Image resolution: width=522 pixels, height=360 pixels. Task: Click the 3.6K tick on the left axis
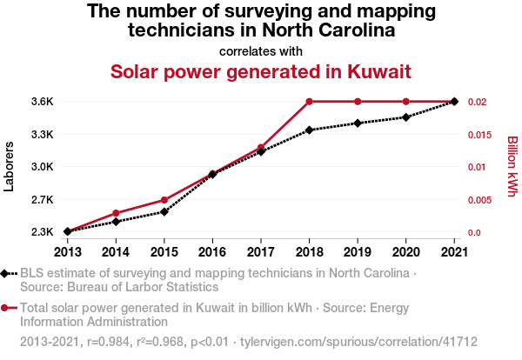pos(43,102)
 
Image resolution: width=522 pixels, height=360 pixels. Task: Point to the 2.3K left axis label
pos(43,232)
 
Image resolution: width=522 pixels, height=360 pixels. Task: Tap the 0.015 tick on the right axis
pos(478,134)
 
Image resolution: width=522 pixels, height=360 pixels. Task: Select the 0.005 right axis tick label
pos(478,200)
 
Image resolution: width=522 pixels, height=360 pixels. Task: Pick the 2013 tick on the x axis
pos(67,251)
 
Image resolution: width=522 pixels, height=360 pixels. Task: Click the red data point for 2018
pos(309,102)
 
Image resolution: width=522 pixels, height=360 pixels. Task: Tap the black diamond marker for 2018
pos(309,130)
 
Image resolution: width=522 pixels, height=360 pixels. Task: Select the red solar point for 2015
pos(164,200)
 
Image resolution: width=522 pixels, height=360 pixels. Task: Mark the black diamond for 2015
pos(164,211)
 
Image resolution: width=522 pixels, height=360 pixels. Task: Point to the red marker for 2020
pos(405,102)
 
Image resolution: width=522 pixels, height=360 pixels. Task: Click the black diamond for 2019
pos(358,123)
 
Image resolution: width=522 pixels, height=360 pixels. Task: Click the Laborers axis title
pos(10,167)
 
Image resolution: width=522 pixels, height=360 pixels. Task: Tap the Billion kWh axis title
pos(512,166)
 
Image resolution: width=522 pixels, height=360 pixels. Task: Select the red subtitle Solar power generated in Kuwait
pos(260,70)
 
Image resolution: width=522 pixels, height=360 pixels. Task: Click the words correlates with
pos(260,50)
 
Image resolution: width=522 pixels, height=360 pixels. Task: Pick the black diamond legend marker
pos(6,273)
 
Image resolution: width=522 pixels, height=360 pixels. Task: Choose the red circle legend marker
pos(6,308)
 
